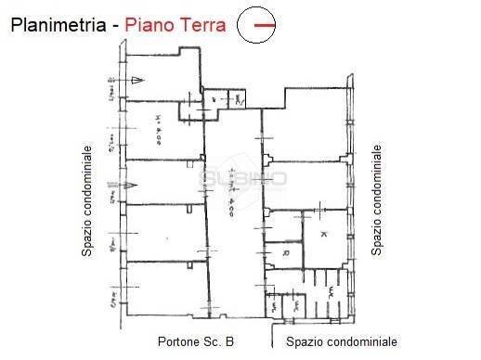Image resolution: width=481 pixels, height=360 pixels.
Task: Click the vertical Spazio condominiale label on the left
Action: point(86,199)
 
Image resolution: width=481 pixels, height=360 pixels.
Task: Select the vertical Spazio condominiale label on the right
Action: point(377,199)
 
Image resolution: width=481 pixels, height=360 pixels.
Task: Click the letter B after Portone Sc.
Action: point(229,341)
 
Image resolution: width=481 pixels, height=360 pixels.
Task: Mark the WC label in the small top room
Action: point(238,97)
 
